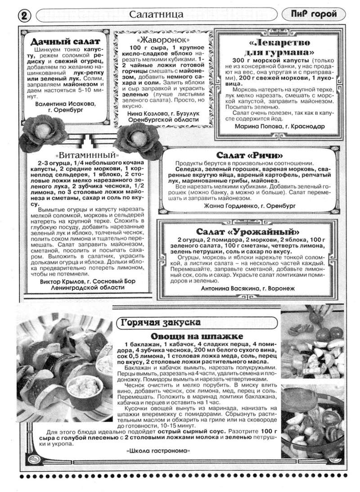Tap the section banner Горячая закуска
point(161,322)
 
